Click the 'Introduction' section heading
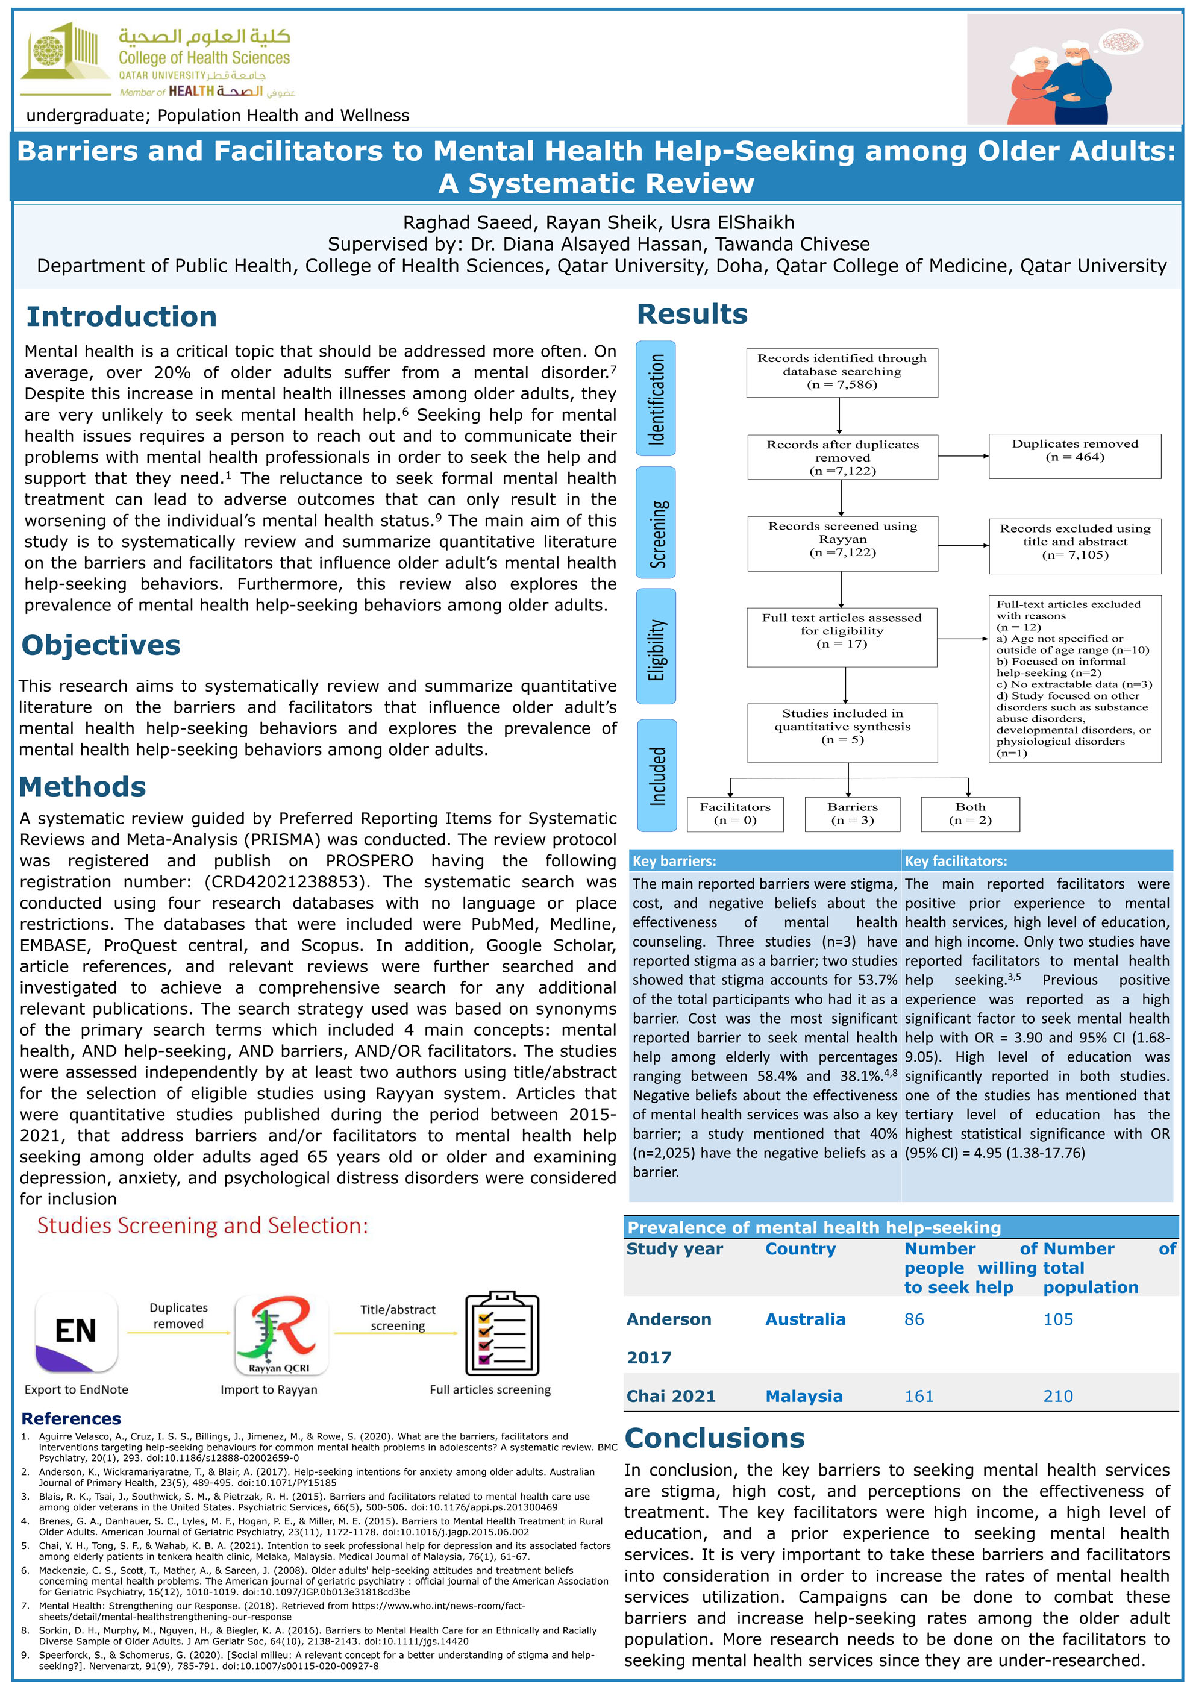[121, 317]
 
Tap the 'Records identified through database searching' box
[841, 372]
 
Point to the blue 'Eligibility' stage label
[656, 646]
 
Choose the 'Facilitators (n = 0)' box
[734, 813]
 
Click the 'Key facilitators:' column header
[955, 860]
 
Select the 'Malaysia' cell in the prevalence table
[804, 1396]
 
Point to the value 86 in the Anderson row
[914, 1319]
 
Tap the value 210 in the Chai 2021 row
[1058, 1396]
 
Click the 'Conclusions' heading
[714, 1438]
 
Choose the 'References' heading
[71, 1418]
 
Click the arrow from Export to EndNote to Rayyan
[178, 1332]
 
